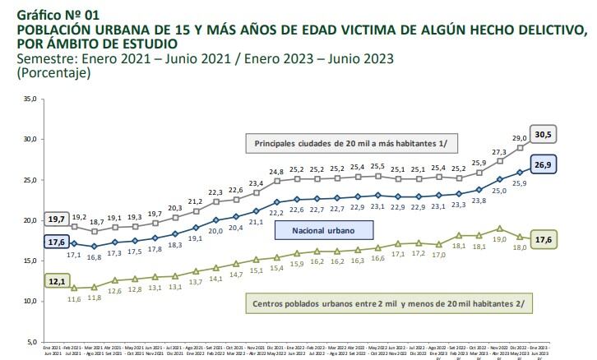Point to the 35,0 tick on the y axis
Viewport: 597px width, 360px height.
pyautogui.click(x=30, y=99)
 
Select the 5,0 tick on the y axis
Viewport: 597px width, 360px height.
pyautogui.click(x=31, y=341)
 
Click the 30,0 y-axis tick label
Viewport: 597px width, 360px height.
pyautogui.click(x=30, y=139)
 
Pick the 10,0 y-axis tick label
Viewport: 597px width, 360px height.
pyautogui.click(x=30, y=301)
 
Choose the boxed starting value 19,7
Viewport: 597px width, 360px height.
pyautogui.click(x=56, y=219)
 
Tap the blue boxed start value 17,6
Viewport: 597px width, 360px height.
pyautogui.click(x=56, y=242)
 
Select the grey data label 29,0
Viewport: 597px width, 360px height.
pyautogui.click(x=519, y=138)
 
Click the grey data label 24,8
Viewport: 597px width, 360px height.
pyautogui.click(x=276, y=171)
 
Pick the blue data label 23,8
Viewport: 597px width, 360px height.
pyautogui.click(x=479, y=200)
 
